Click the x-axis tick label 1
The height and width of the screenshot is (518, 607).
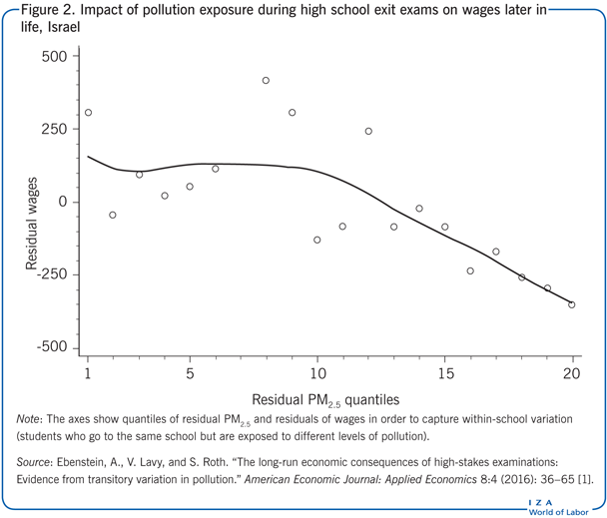pyautogui.click(x=88, y=374)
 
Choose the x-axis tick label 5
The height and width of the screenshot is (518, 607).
pyautogui.click(x=190, y=374)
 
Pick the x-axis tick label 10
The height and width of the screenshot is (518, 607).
pyautogui.click(x=316, y=374)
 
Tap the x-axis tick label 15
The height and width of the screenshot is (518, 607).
pyautogui.click(x=444, y=374)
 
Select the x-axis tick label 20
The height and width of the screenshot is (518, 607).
pyautogui.click(x=571, y=374)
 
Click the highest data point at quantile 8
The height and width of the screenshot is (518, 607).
pyautogui.click(x=266, y=81)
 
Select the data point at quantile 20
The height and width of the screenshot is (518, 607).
pyautogui.click(x=572, y=304)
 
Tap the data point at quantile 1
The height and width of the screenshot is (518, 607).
pyautogui.click(x=88, y=113)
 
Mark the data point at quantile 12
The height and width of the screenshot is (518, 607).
pyautogui.click(x=368, y=131)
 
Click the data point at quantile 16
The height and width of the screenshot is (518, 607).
pyautogui.click(x=470, y=270)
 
